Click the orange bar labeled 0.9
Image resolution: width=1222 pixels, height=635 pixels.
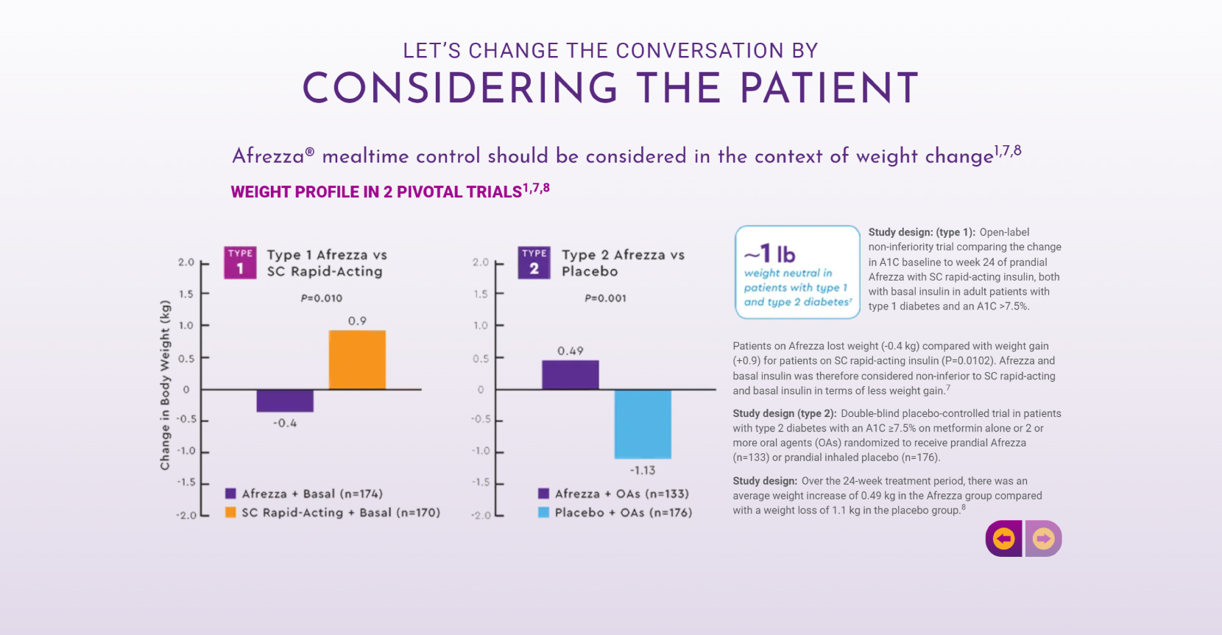pyautogui.click(x=357, y=359)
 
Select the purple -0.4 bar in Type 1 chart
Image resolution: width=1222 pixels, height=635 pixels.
pyautogui.click(x=285, y=401)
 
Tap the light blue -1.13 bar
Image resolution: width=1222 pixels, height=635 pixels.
pyautogui.click(x=643, y=424)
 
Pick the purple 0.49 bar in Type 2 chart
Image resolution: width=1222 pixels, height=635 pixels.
pyautogui.click(x=571, y=374)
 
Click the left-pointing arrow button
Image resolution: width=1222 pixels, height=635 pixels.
pyautogui.click(x=1003, y=538)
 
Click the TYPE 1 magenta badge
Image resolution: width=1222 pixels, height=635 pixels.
pyautogui.click(x=240, y=262)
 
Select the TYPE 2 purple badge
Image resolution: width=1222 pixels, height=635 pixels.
pyautogui.click(x=534, y=262)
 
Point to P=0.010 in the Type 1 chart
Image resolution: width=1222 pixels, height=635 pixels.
pyautogui.click(x=322, y=298)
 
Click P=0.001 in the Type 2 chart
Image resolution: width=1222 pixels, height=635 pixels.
pyautogui.click(x=605, y=298)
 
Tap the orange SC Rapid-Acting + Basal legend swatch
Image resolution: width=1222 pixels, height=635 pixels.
pyautogui.click(x=230, y=513)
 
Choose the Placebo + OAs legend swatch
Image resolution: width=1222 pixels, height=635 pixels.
pyautogui.click(x=543, y=513)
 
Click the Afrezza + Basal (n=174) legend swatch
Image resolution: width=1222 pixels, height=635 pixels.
pyautogui.click(x=230, y=494)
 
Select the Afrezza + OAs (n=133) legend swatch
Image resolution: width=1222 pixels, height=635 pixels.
pyautogui.click(x=543, y=494)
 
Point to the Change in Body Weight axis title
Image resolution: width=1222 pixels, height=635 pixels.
pyautogui.click(x=165, y=385)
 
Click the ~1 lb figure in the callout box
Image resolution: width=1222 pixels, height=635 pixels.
pyautogui.click(x=770, y=254)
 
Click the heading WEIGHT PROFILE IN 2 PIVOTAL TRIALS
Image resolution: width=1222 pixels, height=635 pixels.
pyautogui.click(x=376, y=192)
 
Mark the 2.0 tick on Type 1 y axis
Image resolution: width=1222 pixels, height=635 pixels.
pyautogui.click(x=186, y=262)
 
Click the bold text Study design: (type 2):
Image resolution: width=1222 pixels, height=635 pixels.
pyautogui.click(x=784, y=413)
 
